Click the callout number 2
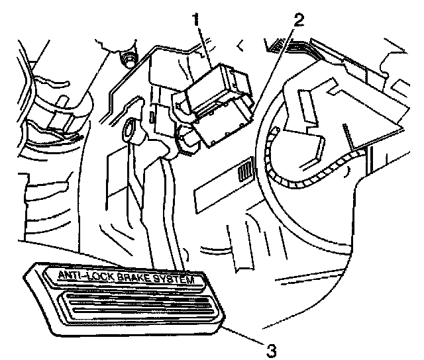pyautogui.click(x=299, y=19)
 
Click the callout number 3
pyautogui.click(x=270, y=345)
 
